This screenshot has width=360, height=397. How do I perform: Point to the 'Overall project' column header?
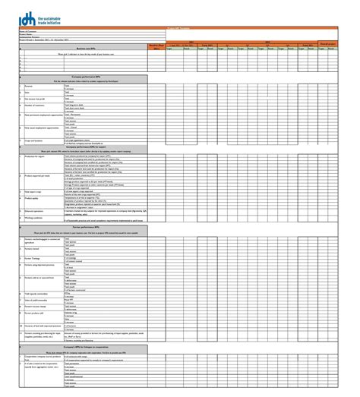point(348,44)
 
